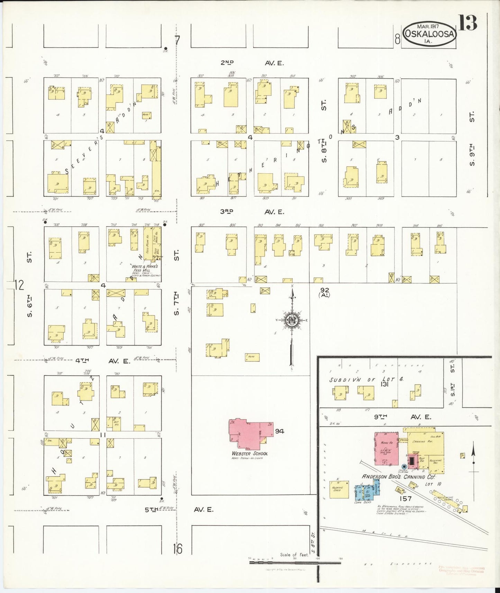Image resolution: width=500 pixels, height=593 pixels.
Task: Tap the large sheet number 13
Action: tap(468, 23)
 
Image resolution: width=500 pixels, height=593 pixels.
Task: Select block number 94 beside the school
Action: tap(280, 431)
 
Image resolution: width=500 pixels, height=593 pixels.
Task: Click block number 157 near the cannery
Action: tap(405, 499)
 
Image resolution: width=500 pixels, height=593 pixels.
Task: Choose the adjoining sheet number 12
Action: tap(19, 285)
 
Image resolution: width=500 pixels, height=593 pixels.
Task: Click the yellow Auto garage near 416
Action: tap(252, 357)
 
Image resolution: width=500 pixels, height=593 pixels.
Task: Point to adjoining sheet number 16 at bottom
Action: tap(178, 548)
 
